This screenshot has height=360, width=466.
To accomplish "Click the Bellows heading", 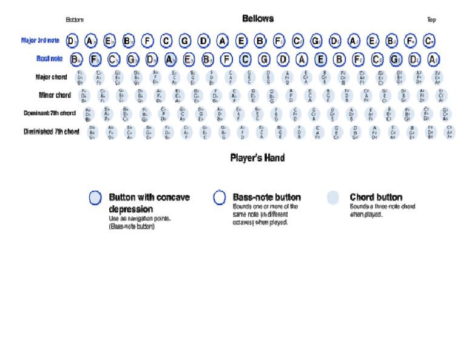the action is [x=258, y=19].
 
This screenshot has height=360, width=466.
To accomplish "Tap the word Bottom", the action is [x=75, y=20].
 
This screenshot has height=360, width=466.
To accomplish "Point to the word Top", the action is [x=431, y=20].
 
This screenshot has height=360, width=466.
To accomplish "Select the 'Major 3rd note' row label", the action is [x=41, y=41].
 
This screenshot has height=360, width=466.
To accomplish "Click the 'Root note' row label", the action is [x=48, y=59].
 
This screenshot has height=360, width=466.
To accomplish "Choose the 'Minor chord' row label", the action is [x=55, y=95].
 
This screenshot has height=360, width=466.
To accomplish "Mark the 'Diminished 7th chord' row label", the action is [x=52, y=132].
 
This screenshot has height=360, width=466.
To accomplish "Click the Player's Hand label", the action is [x=257, y=158].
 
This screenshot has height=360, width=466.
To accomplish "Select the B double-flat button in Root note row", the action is [x=76, y=59].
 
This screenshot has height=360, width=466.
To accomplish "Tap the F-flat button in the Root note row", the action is [x=95, y=59].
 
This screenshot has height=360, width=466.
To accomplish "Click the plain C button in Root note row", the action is [x=245, y=59].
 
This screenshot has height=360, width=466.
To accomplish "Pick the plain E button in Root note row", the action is [x=320, y=59].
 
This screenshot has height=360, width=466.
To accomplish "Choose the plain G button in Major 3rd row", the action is [x=185, y=41].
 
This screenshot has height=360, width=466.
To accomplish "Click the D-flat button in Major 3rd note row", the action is [x=335, y=41].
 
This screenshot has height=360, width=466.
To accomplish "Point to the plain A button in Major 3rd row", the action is [x=223, y=41].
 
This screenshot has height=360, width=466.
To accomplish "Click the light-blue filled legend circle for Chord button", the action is [x=333, y=198].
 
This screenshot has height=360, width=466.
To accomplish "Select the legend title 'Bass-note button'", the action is [x=266, y=197].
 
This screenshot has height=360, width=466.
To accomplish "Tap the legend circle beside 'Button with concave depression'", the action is [x=95, y=198].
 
